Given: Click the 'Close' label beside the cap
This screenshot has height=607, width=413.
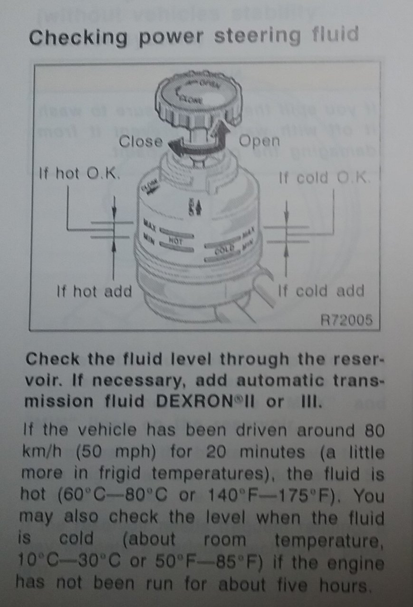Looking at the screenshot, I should click(140, 141).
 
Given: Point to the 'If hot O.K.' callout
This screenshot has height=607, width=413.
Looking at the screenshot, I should click(79, 174).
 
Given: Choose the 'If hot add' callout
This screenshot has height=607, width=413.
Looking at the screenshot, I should click(93, 290).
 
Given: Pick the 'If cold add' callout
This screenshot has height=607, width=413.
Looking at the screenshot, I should click(321, 290).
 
